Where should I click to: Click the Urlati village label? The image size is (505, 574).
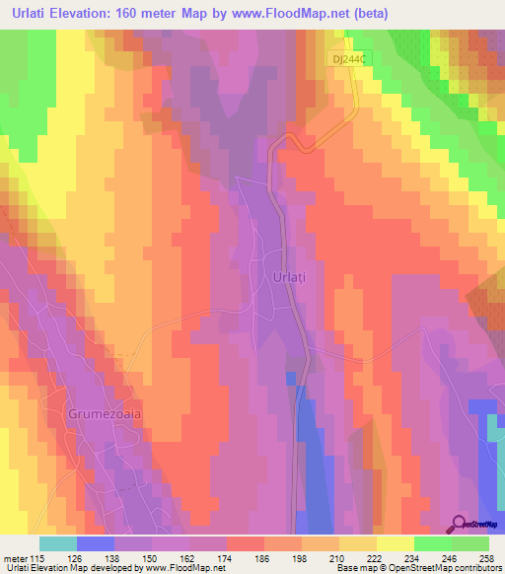point(287,278)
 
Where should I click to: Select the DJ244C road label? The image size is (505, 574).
point(349,60)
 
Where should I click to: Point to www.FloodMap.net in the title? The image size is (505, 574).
point(293,14)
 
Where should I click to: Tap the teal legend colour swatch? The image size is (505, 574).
point(58,543)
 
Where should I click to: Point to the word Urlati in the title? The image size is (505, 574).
point(31,14)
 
